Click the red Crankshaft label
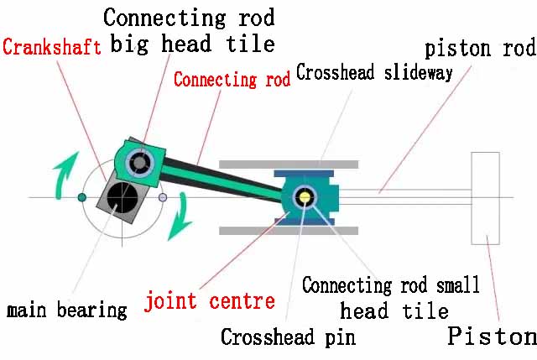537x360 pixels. coord(52,45)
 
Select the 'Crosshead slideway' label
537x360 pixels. coord(374,72)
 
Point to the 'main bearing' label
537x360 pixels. coord(67,310)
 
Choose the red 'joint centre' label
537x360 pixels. coord(209,300)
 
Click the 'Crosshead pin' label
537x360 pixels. coord(288,337)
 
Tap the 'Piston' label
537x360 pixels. coord(492,336)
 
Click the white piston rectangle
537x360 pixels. coord(485,197)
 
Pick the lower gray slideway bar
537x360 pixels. coord(289,230)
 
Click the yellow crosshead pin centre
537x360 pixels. coord(305,198)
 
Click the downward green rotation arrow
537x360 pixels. coord(179,223)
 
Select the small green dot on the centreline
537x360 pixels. coord(82,197)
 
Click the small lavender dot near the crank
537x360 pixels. coord(163,198)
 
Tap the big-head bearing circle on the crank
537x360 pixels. coord(138,159)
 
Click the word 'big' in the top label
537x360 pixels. coord(133,43)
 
